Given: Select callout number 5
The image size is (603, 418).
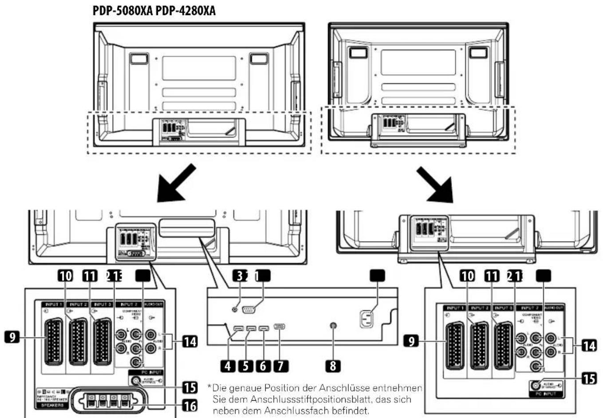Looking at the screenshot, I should point(245,366).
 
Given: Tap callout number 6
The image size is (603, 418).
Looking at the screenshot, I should point(263,366).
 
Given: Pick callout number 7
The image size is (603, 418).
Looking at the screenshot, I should point(280,366).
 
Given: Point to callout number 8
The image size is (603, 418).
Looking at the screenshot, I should point(333,366).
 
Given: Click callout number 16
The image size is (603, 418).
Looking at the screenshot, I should point(190,405).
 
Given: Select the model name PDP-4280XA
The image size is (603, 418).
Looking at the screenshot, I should point(186,11).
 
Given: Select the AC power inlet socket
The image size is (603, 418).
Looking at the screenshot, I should point(367,319).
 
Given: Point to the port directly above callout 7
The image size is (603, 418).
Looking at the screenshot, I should point(280,327).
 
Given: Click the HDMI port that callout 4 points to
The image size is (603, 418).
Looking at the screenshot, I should point(238,329).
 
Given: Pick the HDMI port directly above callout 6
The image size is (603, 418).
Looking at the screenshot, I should point(264,329).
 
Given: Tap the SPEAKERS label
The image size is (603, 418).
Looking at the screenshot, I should point(52,405).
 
